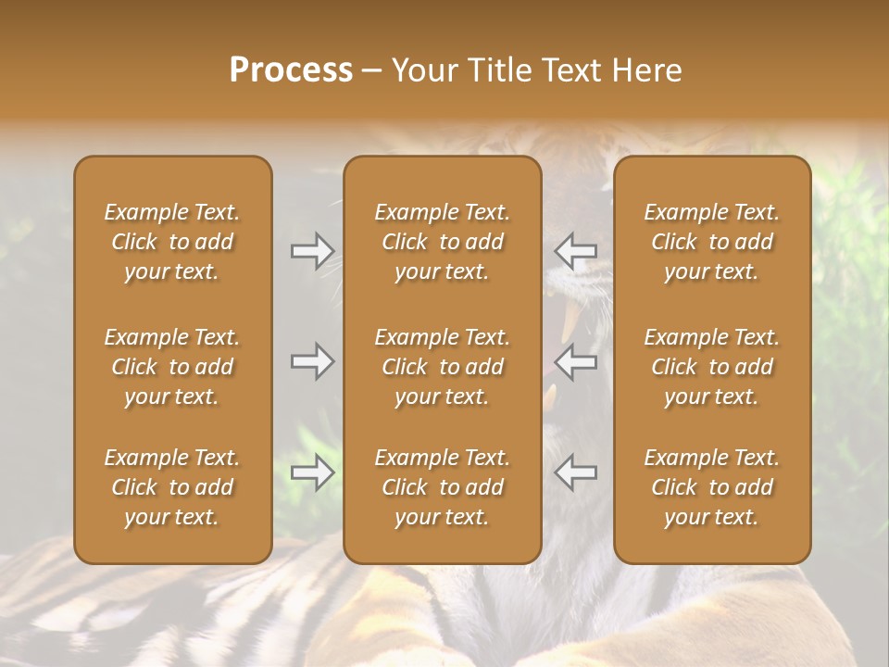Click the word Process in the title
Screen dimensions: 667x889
(x=291, y=70)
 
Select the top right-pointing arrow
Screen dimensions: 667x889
(x=312, y=251)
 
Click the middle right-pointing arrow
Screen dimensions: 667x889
(x=312, y=361)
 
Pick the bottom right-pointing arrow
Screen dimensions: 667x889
(x=312, y=472)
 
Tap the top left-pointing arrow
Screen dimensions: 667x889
(x=575, y=251)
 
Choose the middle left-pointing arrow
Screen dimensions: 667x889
(x=575, y=361)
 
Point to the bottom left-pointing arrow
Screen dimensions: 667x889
(x=575, y=472)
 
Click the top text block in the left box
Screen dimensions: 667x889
(x=172, y=242)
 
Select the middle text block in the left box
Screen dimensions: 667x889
(x=172, y=367)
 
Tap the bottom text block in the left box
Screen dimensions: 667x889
(x=172, y=487)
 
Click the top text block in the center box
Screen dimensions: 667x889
(x=442, y=242)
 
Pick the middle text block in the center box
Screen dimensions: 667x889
(x=442, y=367)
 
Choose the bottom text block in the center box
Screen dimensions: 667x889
(x=442, y=487)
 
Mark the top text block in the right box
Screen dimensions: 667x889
(x=711, y=242)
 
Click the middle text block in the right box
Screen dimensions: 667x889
(x=711, y=367)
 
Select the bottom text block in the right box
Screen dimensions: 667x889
(x=711, y=487)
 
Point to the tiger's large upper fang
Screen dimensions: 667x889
(x=570, y=320)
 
